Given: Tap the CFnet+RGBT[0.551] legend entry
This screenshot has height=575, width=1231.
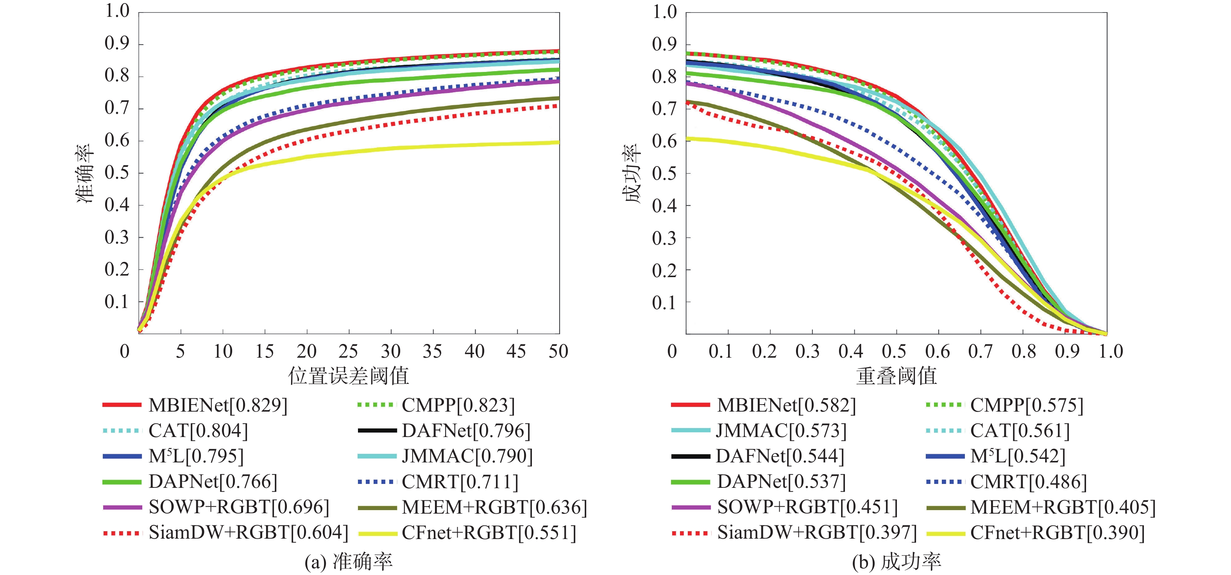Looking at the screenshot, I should pyautogui.click(x=489, y=533).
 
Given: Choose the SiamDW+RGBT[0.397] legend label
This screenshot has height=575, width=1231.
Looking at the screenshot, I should pyautogui.click(x=817, y=533).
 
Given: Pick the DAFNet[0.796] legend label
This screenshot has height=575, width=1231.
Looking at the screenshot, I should pyautogui.click(x=466, y=431).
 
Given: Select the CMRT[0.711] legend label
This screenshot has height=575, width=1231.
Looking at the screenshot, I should pyautogui.click(x=460, y=482).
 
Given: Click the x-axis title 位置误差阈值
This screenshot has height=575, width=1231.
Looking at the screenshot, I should pyautogui.click(x=348, y=376).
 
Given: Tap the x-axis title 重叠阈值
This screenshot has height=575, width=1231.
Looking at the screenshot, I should pyautogui.click(x=896, y=376).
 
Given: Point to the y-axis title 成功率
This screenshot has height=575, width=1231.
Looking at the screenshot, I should pyautogui.click(x=633, y=173).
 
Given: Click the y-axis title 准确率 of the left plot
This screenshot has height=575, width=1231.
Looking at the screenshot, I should pyautogui.click(x=86, y=173).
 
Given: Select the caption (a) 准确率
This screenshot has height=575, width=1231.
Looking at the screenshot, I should pyautogui.click(x=348, y=562).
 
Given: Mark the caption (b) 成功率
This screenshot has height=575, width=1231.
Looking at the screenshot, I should pyautogui.click(x=896, y=562).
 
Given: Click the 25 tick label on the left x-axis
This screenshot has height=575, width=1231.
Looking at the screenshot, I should pyautogui.click(x=348, y=352).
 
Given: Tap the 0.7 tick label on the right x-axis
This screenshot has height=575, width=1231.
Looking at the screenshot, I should pyautogui.click(x=980, y=352).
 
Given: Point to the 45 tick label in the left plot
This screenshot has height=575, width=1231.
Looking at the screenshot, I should pyautogui.click(x=517, y=352).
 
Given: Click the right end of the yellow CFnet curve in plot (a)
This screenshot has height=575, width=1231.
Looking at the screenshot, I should pyautogui.click(x=558, y=142).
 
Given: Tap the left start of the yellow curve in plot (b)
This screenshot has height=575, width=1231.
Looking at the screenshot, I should pyautogui.click(x=687, y=139).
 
